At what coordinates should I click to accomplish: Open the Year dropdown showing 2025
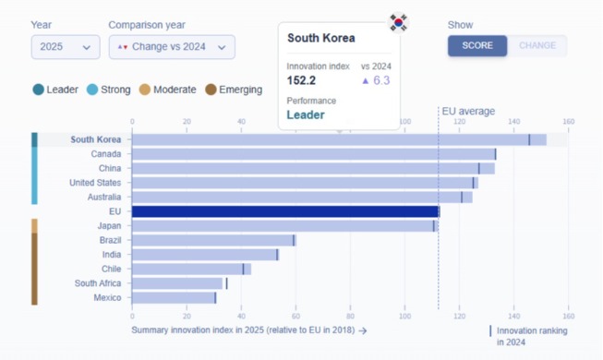(x=66, y=47)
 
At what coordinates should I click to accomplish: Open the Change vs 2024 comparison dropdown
(x=172, y=47)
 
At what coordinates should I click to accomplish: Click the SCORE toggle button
(x=477, y=45)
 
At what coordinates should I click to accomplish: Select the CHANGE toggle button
(x=537, y=45)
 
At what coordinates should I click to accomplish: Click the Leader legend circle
(x=39, y=90)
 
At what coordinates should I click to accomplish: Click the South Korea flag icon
(x=398, y=22)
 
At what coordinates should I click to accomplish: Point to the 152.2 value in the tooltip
(x=302, y=80)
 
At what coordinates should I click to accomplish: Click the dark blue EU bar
(x=285, y=211)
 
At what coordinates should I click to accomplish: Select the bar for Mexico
(x=174, y=298)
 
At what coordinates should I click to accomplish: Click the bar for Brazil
(x=213, y=240)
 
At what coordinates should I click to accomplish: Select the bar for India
(x=205, y=255)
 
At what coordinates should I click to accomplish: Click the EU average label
(x=468, y=112)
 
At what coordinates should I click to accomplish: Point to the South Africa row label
(x=98, y=283)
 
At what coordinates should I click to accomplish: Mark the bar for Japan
(x=283, y=226)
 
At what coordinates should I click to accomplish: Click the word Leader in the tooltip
(x=306, y=115)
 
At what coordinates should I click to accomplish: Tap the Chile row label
(x=110, y=270)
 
